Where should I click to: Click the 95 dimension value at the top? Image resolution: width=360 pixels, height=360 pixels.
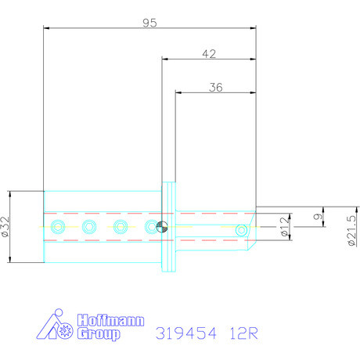pos(149,23)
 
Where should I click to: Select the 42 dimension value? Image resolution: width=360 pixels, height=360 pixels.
pos(209,54)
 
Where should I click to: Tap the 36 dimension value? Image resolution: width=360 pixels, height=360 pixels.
pos(216,88)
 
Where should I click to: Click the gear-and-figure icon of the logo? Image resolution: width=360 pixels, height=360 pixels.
pos(59,327)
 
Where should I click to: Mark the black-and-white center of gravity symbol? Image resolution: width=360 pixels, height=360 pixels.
pos(161,227)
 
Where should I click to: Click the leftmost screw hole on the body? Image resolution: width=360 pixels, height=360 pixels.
pos(57,227)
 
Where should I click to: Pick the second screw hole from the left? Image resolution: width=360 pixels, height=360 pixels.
pos(88,227)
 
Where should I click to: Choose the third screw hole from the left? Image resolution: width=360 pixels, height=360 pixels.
pos(121,227)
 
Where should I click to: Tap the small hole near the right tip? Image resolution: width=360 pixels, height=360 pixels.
pos(242,229)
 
